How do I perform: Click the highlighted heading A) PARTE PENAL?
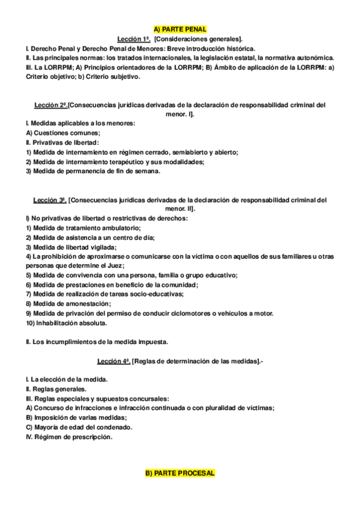click(x=180, y=29)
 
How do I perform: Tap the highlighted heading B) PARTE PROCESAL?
click(x=180, y=475)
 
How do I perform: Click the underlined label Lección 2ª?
click(x=50, y=105)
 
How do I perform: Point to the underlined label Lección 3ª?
click(x=49, y=199)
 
